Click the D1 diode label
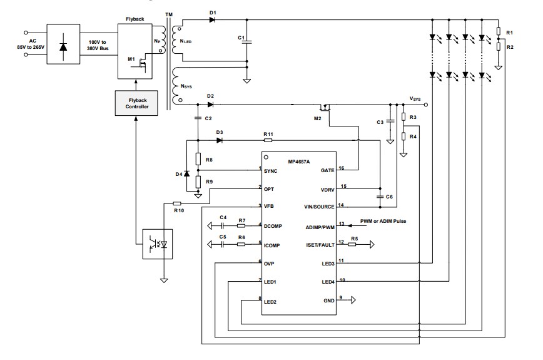tap(213, 13)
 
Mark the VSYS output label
tap(415, 99)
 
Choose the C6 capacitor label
tap(389, 197)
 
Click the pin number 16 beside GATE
tap(342, 168)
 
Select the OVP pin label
tap(269, 262)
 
